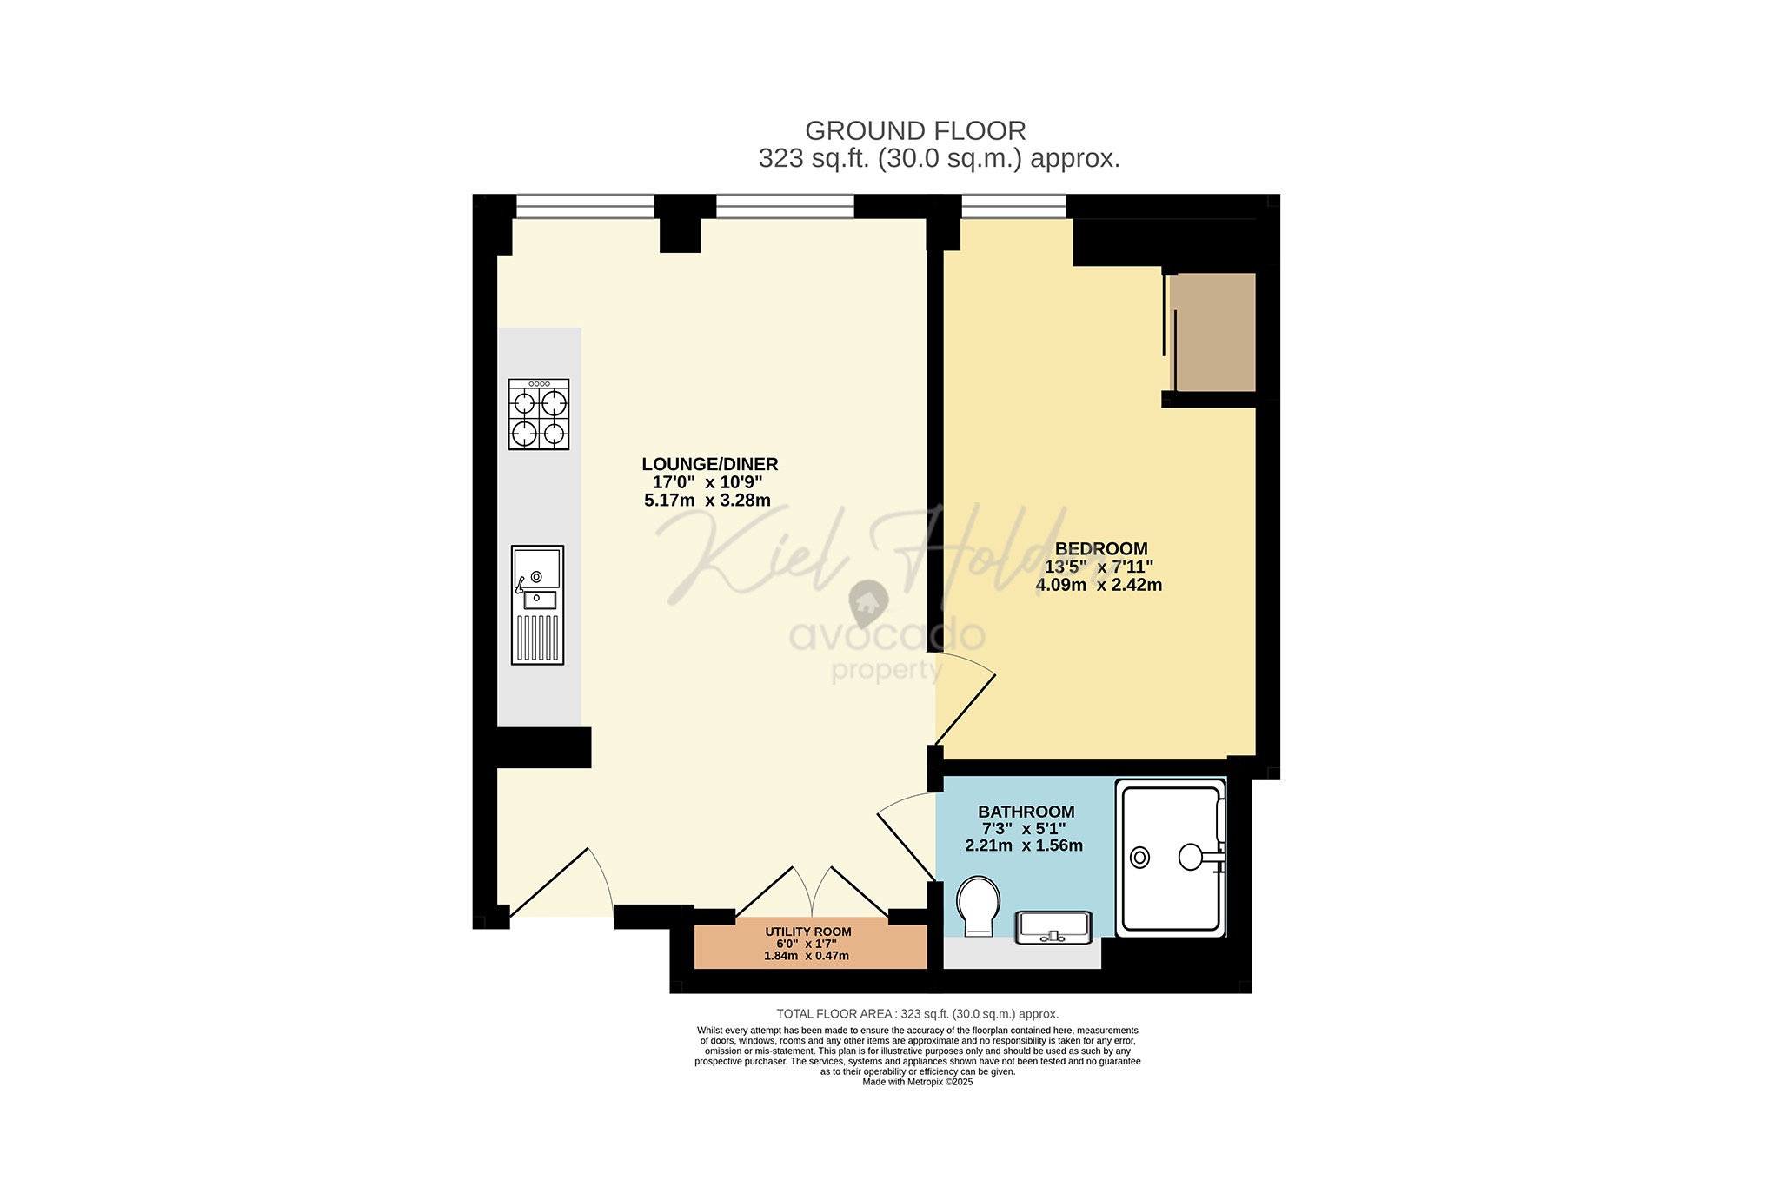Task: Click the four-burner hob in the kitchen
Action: (x=538, y=414)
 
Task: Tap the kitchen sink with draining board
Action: (x=537, y=605)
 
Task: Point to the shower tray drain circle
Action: (x=1139, y=858)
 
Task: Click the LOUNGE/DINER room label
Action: (x=709, y=464)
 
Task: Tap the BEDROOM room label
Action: (x=1100, y=548)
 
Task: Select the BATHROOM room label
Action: (x=1026, y=812)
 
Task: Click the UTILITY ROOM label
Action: (x=807, y=932)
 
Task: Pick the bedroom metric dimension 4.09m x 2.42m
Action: (x=1098, y=586)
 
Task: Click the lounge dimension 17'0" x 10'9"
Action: (x=707, y=482)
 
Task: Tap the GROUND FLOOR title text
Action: (x=915, y=131)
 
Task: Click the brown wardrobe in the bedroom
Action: (x=1212, y=332)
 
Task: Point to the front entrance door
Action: (x=561, y=882)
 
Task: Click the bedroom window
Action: (x=1013, y=206)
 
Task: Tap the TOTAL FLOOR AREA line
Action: (x=917, y=1014)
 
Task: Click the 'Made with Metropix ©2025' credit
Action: (x=917, y=1082)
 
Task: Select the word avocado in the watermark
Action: (x=887, y=635)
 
